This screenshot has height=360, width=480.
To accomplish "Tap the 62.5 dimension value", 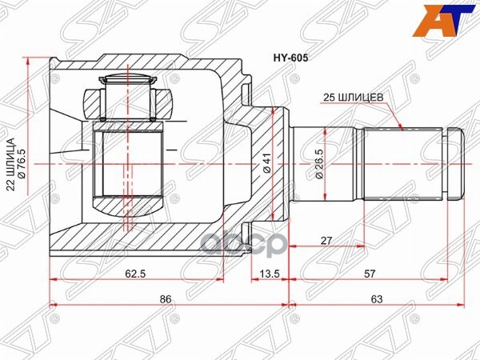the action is [135, 274].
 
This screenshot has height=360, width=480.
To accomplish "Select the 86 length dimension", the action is [166, 298].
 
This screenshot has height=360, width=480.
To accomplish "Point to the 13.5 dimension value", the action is [270, 274].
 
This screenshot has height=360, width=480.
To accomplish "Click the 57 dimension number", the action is [370, 274].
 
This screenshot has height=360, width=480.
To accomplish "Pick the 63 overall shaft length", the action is [377, 298].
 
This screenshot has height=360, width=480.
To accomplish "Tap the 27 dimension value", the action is [326, 240].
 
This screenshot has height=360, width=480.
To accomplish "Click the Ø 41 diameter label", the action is [267, 163].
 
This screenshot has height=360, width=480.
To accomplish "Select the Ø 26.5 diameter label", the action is [318, 164].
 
